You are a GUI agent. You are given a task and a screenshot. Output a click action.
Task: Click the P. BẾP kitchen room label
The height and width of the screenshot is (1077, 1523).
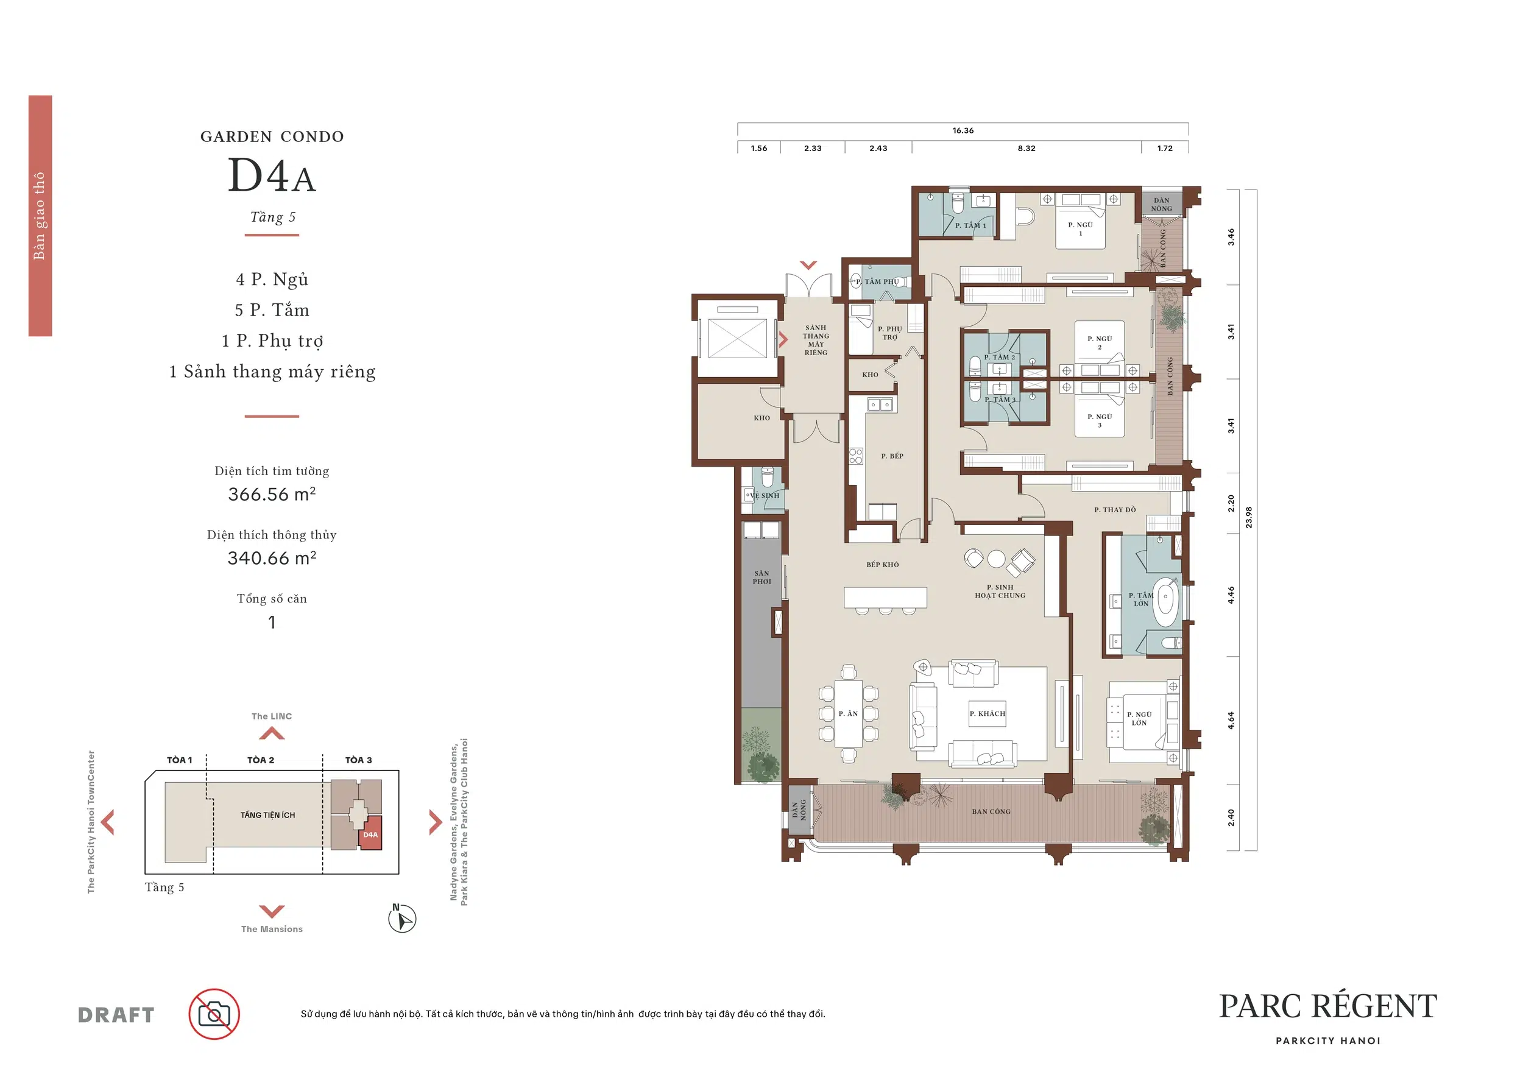pos(892,456)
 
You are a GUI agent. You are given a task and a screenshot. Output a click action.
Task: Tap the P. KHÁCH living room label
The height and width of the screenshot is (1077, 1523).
pos(987,713)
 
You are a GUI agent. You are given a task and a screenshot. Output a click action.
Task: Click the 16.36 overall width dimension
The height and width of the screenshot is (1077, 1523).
pos(963,130)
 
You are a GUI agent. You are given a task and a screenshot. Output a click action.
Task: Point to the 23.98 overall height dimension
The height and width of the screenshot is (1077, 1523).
pos(1249,517)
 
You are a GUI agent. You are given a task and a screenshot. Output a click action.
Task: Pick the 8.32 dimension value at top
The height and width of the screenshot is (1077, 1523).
pos(1026,149)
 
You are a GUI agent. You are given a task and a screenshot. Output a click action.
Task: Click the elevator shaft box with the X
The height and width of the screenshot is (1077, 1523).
pos(737,337)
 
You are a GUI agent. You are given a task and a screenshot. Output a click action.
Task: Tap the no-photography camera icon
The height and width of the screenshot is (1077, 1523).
pos(214,1014)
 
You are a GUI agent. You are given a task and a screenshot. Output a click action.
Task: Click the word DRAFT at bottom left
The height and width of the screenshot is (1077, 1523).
pos(116,1015)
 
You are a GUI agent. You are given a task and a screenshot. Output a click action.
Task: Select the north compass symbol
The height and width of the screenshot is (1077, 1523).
pos(402,919)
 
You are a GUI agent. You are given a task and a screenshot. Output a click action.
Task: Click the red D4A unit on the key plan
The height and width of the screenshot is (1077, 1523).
pos(370,835)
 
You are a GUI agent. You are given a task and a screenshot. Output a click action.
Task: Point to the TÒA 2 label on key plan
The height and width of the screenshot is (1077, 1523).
pos(261,760)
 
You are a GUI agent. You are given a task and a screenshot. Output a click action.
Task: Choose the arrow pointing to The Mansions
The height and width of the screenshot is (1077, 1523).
pos(272,911)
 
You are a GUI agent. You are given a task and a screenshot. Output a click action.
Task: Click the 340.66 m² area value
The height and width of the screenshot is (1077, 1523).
pos(272,558)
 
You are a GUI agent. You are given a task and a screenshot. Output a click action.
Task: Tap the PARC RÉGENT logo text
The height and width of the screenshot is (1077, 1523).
pos(1328,1006)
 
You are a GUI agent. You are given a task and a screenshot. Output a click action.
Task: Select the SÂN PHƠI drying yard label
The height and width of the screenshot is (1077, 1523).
pos(761,577)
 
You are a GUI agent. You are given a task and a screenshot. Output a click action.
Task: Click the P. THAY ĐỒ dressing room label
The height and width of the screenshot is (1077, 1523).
pos(1115,510)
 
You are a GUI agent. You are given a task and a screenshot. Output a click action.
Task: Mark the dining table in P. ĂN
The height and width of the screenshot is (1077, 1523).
pos(849,713)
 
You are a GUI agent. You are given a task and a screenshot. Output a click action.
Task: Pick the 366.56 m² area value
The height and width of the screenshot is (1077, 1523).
pos(272,494)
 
